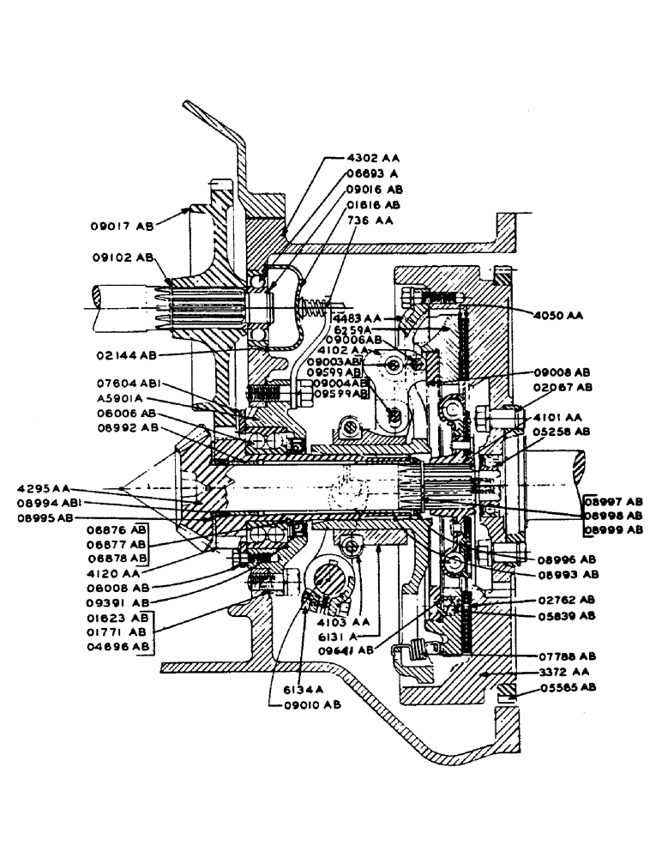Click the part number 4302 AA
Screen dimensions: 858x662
pyautogui.click(x=373, y=158)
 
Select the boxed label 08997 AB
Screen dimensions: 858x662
pyautogui.click(x=612, y=500)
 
